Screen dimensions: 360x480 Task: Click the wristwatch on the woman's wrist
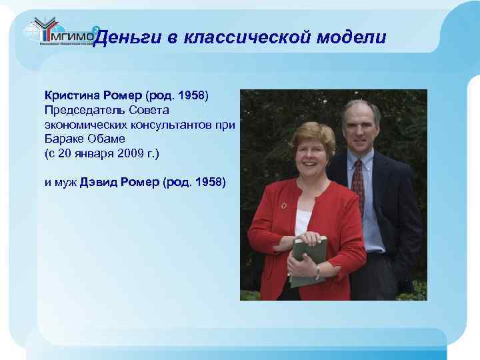coord(317,272)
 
